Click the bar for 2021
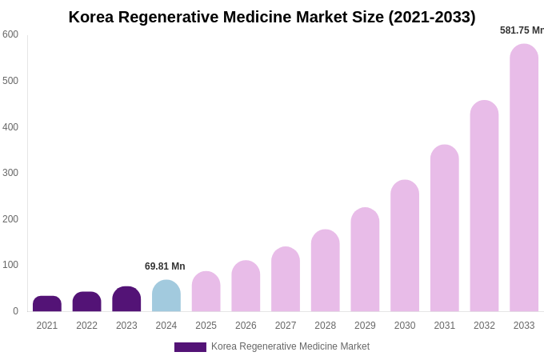(47, 304)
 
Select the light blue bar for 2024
(166, 296)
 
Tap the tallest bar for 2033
(524, 178)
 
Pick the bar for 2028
(325, 270)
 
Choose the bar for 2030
(405, 246)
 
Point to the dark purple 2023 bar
(126, 299)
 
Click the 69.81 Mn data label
(165, 266)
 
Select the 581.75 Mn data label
(522, 30)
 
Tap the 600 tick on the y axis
(10, 34)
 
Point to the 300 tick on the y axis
(10, 173)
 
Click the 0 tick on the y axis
(15, 311)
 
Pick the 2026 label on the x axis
(246, 326)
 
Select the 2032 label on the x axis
(484, 326)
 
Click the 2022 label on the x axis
(87, 326)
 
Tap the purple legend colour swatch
(190, 347)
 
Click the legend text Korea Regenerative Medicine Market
(290, 346)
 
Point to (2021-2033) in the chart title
(432, 17)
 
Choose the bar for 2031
(445, 228)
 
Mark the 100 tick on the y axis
(10, 265)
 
